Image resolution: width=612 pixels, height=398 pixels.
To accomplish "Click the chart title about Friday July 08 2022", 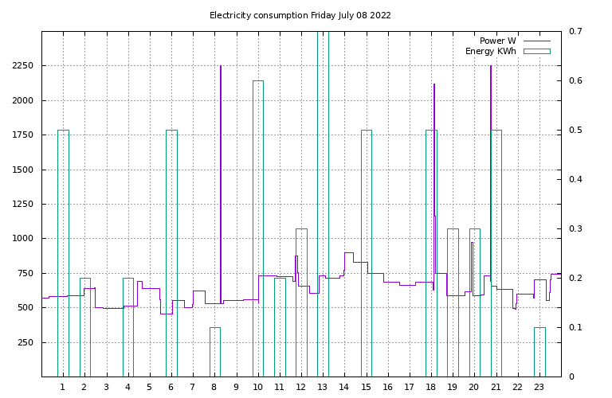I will pyautogui.click(x=300, y=15).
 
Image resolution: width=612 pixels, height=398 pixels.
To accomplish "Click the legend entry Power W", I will pyautogui.click(x=497, y=41).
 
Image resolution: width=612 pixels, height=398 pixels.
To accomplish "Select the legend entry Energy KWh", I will pyautogui.click(x=490, y=51).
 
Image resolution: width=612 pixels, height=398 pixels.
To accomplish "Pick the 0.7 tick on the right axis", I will pyautogui.click(x=575, y=31).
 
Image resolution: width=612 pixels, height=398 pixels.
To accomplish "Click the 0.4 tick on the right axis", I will pyautogui.click(x=575, y=179).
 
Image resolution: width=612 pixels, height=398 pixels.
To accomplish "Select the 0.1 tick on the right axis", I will pyautogui.click(x=575, y=327).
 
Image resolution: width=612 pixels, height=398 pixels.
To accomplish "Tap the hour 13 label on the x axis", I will pyautogui.click(x=323, y=387).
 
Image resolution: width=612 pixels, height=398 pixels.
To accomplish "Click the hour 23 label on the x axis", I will pyautogui.click(x=539, y=387).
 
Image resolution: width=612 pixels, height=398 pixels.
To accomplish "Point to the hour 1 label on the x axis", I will pyautogui.click(x=63, y=387).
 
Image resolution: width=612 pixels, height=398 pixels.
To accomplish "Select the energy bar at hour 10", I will pyautogui.click(x=258, y=231).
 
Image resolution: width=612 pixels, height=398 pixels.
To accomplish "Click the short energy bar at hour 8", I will pyautogui.click(x=215, y=352).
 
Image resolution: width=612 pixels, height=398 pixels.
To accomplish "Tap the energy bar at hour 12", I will pyautogui.click(x=301, y=302).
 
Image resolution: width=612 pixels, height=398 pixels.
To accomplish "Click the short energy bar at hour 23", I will pyautogui.click(x=539, y=352).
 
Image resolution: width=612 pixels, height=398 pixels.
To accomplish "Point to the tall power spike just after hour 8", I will pyautogui.click(x=221, y=159).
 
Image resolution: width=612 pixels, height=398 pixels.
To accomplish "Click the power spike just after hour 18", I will pyautogui.click(x=434, y=159).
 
